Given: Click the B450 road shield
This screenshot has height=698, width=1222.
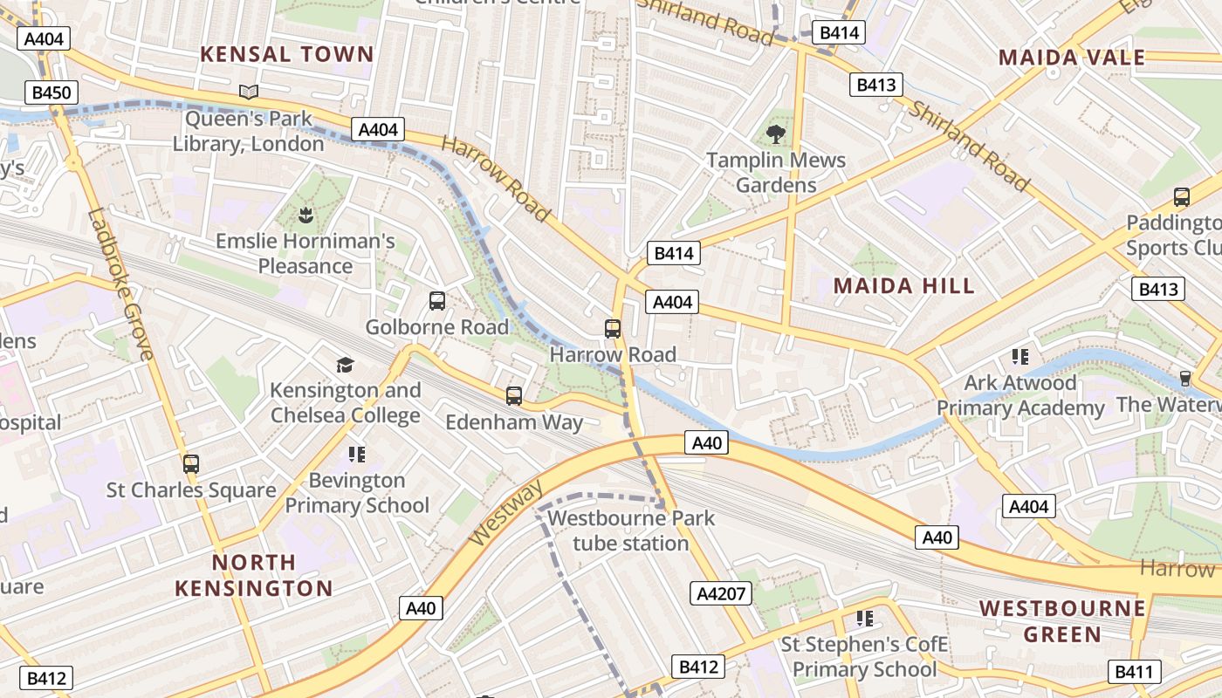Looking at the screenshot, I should tap(52, 93).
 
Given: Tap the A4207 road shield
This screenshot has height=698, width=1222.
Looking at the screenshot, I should tap(721, 594).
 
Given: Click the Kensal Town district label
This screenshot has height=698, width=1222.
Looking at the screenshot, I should tap(286, 54).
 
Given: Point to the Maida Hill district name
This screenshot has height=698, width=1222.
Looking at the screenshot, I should tap(903, 286).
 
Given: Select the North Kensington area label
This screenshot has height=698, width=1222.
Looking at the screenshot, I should tap(254, 575).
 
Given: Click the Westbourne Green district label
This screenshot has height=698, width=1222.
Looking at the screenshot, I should tap(1062, 620).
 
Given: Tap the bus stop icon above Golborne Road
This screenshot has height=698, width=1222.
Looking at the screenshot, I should tap(437, 301).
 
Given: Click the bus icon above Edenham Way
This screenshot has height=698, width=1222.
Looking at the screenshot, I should tap(514, 396).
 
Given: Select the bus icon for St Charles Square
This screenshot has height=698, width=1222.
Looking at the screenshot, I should tap(191, 464).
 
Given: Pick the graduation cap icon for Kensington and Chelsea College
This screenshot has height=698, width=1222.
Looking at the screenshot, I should tap(346, 365).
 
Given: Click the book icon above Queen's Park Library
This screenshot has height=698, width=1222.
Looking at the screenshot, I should tap(249, 92).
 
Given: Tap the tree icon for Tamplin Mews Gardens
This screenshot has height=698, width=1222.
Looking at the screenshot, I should tap(775, 134).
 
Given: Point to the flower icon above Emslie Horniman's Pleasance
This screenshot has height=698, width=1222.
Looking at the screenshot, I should tap(305, 215).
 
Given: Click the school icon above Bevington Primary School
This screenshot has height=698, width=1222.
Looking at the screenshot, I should tap(356, 455).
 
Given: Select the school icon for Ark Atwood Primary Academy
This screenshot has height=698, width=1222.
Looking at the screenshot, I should tap(1019, 357).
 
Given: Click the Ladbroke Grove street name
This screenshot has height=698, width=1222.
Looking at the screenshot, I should tap(120, 284).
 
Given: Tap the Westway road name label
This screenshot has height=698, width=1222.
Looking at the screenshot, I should tap(505, 512).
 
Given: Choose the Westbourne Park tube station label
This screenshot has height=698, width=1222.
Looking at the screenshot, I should tap(630, 530).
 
